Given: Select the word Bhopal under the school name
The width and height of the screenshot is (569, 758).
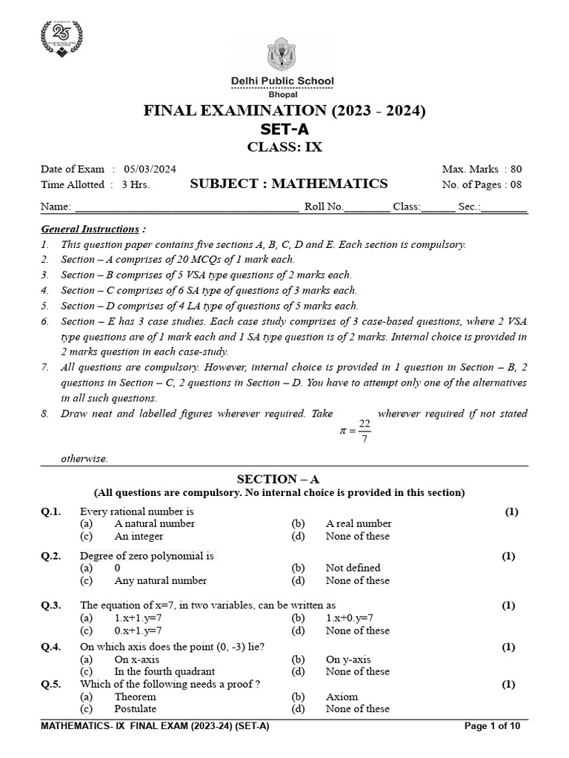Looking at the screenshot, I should [x=284, y=94].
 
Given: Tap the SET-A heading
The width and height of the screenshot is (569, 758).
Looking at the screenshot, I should [x=284, y=130].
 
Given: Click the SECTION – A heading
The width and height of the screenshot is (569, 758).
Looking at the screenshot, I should [x=284, y=480].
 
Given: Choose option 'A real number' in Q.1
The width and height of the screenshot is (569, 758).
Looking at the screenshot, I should [x=358, y=524].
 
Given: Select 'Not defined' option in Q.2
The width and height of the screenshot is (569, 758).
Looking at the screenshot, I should [x=353, y=568].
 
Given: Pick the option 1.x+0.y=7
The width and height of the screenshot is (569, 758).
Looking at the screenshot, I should [x=349, y=617].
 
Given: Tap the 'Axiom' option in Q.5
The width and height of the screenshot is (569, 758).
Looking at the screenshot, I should [x=342, y=697].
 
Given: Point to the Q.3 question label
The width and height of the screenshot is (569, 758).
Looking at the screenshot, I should [x=51, y=605].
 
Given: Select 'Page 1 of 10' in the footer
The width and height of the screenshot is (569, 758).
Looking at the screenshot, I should [x=495, y=726].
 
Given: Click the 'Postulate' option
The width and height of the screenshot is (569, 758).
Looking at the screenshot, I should [x=136, y=708].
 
